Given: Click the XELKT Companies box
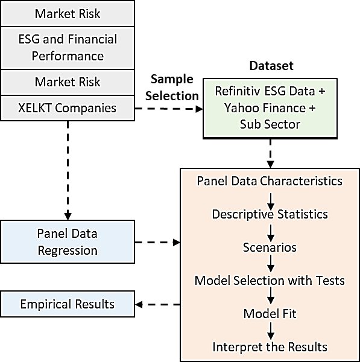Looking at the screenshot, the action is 68,108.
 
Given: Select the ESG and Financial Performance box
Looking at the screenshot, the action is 68,48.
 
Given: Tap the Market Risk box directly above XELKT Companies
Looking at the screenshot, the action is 68,82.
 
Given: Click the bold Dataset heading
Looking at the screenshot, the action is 271,66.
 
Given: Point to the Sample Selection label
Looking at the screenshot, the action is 172,88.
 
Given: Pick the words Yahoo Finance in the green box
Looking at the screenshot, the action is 265,108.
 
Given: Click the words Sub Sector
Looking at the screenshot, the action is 270,124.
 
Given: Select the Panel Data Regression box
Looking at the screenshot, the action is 68,241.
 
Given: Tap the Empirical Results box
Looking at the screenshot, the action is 68,304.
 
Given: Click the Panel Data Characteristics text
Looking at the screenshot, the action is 270,181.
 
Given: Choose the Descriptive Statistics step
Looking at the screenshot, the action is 270,214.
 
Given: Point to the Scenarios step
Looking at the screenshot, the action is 270,247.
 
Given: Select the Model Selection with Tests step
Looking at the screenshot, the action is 270,281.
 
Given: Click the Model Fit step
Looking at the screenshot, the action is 270,314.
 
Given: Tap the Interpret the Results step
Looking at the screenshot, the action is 270,347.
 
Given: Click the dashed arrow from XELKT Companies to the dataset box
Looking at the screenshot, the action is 169,109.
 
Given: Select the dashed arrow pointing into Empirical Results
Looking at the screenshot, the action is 157,304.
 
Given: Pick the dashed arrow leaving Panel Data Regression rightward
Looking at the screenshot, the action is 157,242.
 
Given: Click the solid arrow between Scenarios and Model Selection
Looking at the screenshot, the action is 271,263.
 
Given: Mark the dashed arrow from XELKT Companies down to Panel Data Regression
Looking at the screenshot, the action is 68,170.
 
